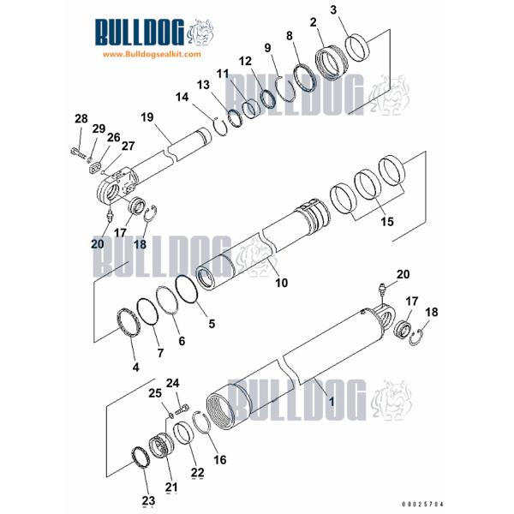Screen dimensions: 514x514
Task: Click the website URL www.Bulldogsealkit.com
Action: (151, 54)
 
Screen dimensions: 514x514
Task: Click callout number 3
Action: (333, 10)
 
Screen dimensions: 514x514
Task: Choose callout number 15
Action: (387, 222)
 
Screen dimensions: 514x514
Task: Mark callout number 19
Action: (146, 117)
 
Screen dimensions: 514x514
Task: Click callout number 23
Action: (148, 500)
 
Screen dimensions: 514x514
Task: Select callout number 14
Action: (206, 97)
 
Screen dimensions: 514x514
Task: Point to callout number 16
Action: (220, 459)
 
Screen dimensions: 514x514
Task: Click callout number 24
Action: (172, 382)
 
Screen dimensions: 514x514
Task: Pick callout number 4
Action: (134, 368)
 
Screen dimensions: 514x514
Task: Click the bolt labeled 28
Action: (77, 154)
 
